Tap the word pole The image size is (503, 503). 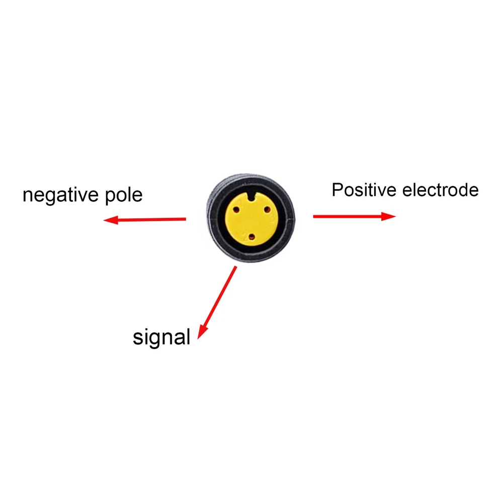point(124,195)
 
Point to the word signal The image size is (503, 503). point(161,337)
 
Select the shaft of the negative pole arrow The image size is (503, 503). point(151,219)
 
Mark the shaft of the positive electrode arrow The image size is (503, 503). point(347,216)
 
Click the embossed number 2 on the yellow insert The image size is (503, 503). point(244,235)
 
